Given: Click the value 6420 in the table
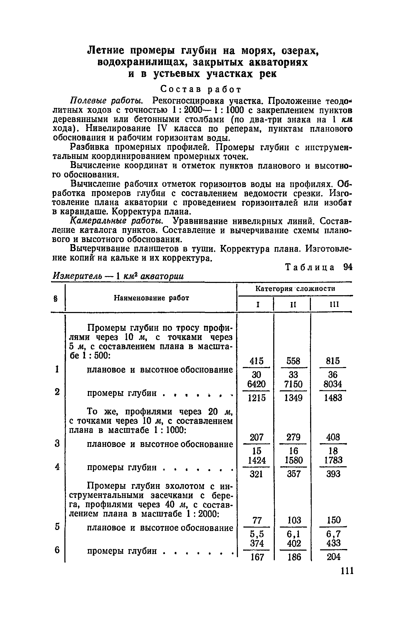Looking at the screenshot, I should [256, 384].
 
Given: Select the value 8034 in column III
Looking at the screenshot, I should [333, 384].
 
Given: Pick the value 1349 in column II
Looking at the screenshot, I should [293, 398].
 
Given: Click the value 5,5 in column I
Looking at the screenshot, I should [257, 534].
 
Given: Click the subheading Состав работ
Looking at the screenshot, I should [200, 90].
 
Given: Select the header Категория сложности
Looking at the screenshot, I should [295, 289].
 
